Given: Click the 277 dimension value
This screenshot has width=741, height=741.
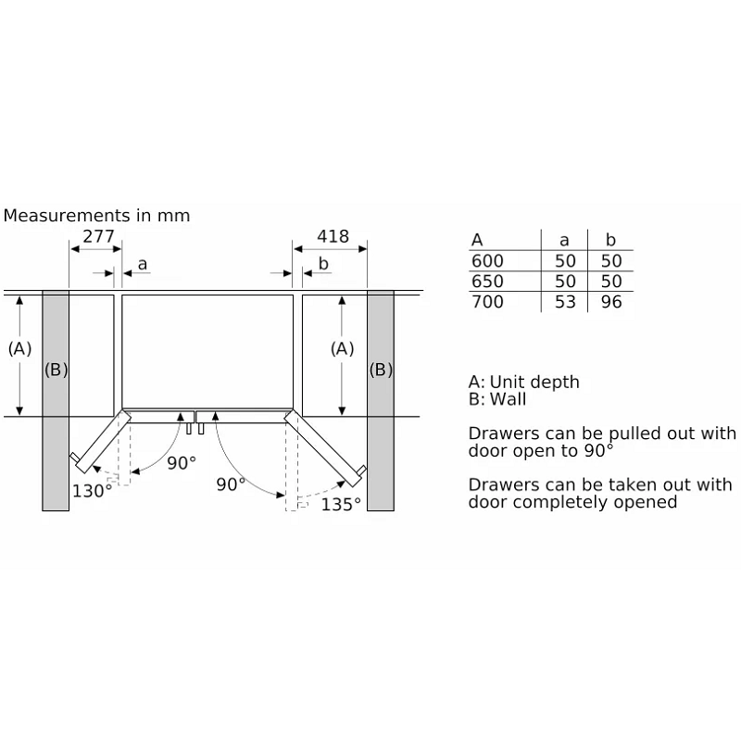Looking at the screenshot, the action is (98, 236).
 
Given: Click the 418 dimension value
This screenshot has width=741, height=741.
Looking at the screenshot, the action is (333, 236).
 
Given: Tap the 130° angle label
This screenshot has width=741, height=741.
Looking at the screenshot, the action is (92, 491).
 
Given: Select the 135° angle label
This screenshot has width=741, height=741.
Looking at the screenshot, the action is (341, 504).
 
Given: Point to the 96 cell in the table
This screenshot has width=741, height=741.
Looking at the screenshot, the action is (611, 302).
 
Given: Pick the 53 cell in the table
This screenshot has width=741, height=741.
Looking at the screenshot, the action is (565, 302).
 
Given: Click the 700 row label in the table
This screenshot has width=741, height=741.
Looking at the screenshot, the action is (487, 302).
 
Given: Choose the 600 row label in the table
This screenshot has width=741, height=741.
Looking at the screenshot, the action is (487, 261).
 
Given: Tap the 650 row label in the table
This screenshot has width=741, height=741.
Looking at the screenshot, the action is (487, 282).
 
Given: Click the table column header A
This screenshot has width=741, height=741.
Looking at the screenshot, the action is (477, 240).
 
